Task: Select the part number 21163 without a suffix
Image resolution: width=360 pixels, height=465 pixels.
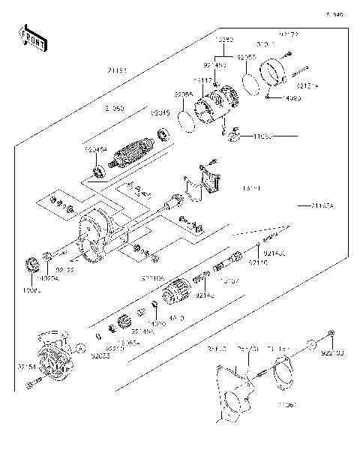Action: click(116, 70)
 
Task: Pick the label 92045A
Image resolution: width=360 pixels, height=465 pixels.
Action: click(95, 149)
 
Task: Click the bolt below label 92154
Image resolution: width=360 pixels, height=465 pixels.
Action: click(30, 385)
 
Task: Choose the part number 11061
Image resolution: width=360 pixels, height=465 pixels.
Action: click(288, 404)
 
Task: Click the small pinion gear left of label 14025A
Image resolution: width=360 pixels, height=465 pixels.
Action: click(32, 263)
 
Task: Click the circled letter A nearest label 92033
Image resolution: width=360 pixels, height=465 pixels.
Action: click(80, 347)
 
